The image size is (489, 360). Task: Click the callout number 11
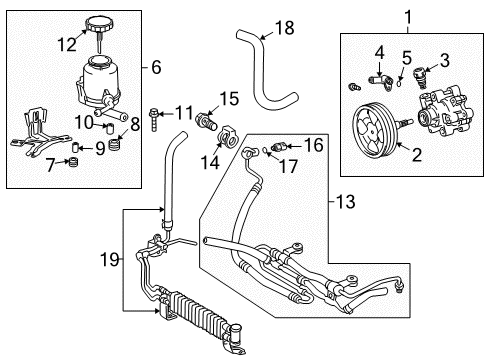point(183,113)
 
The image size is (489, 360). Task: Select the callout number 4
point(380,53)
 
